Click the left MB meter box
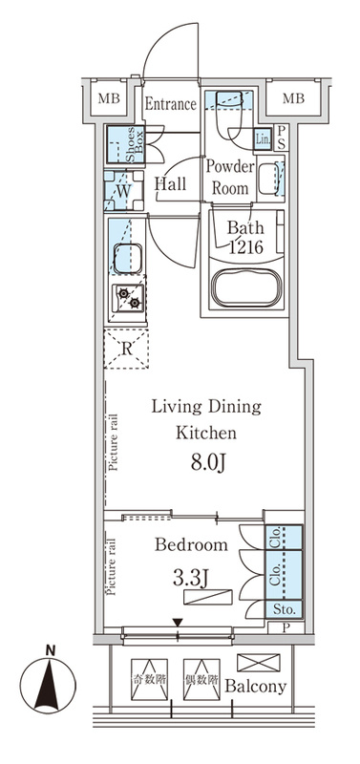tap(109, 99)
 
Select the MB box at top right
tap(294, 99)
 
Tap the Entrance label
tap(171, 104)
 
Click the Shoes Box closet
tap(126, 144)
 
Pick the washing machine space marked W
tap(124, 190)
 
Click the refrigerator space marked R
tap(126, 349)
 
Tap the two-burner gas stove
tap(129, 298)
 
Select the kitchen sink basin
tap(128, 258)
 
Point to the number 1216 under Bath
tap(246, 247)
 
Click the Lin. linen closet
tap(263, 140)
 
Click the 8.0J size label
tap(207, 464)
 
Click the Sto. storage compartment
tap(283, 608)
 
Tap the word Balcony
tap(255, 687)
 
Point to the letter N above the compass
tap(50, 650)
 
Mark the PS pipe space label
tap(282, 138)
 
